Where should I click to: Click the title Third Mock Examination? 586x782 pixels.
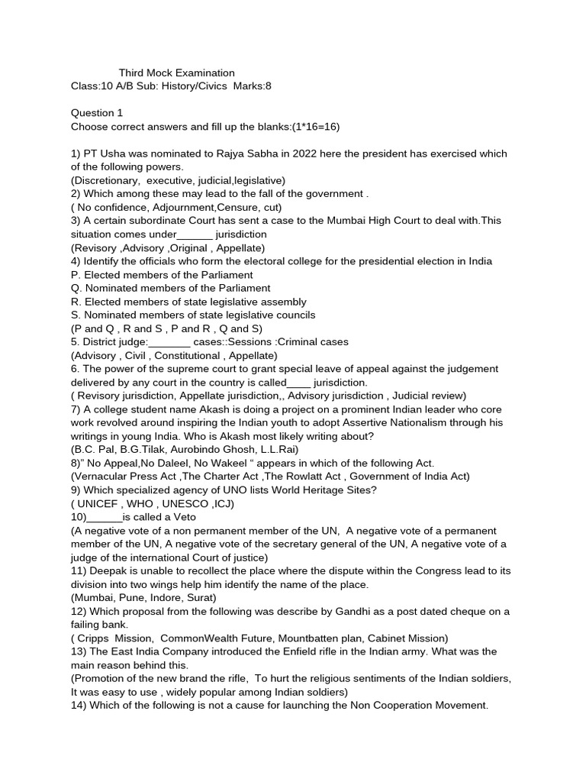[x=176, y=73]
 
